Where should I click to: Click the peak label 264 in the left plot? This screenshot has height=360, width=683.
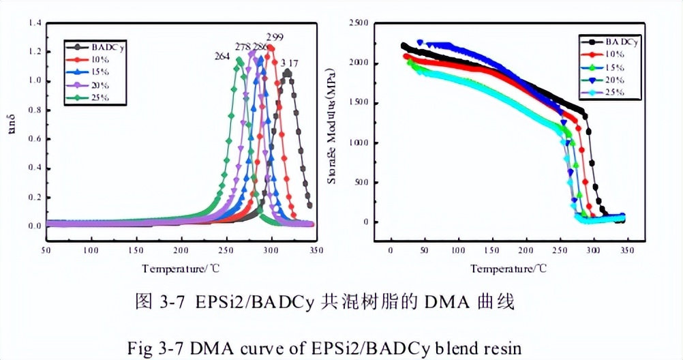pos(223,57)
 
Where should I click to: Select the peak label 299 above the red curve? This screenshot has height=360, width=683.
pos(275,37)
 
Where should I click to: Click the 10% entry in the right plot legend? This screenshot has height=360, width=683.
pos(613,54)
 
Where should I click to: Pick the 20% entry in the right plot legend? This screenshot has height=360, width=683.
pos(613,79)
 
